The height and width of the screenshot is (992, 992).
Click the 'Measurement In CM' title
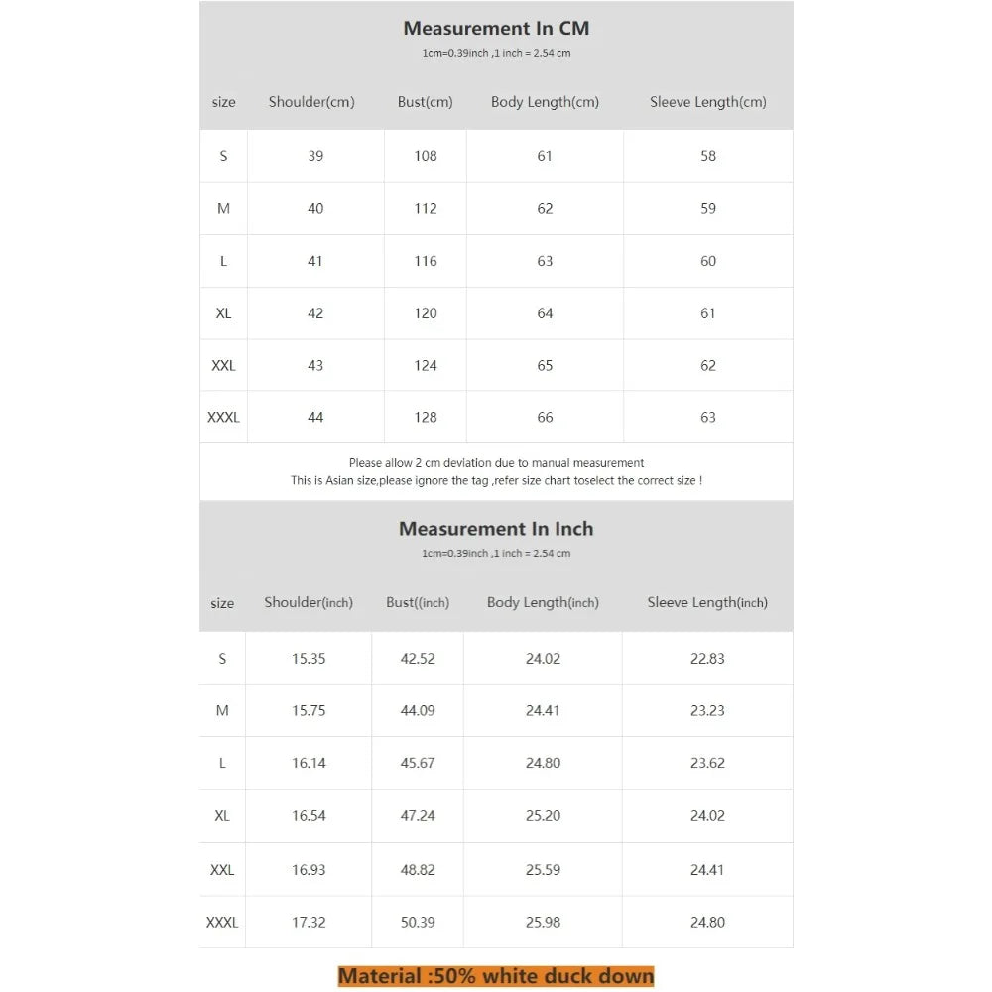[496, 28]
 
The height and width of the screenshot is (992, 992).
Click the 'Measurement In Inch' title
[496, 529]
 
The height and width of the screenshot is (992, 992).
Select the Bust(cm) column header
[426, 102]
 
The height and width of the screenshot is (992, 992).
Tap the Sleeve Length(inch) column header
[707, 602]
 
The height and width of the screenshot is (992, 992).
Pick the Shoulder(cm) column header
[311, 102]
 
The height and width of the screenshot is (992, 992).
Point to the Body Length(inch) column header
[543, 602]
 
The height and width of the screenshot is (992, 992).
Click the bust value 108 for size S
[426, 156]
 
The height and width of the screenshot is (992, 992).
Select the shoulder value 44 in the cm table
[315, 418]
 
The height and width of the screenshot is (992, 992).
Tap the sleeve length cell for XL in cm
[708, 313]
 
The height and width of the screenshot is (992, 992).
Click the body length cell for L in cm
[545, 261]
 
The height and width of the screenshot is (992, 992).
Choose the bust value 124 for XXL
[426, 366]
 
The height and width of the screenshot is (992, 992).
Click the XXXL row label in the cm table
[223, 418]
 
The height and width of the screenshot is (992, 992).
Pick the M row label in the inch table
[222, 711]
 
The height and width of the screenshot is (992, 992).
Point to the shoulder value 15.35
[309, 659]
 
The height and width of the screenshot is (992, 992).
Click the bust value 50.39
[418, 923]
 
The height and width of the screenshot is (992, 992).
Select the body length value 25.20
[543, 816]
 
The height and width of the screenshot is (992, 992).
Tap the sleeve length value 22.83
[707, 659]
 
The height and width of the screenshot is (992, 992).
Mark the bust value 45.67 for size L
[418, 764]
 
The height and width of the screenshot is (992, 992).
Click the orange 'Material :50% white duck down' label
[496, 976]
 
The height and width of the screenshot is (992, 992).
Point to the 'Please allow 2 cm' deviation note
[496, 463]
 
